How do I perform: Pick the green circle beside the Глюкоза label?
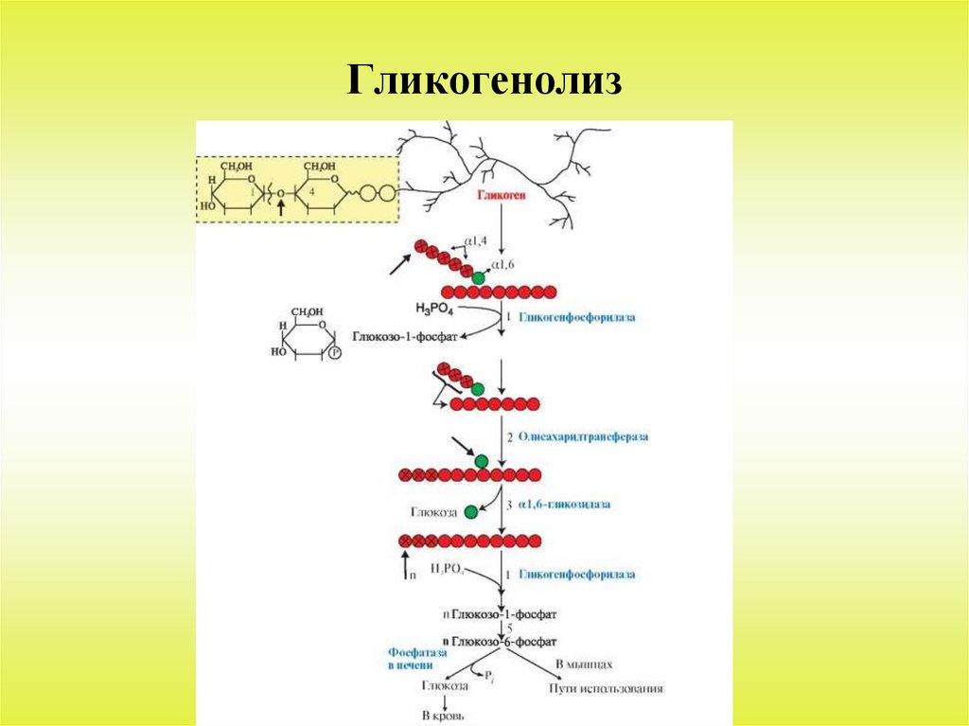[471, 512]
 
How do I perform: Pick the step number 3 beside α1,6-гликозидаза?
[509, 505]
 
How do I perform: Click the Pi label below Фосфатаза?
[489, 676]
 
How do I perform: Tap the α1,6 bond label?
[502, 266]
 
